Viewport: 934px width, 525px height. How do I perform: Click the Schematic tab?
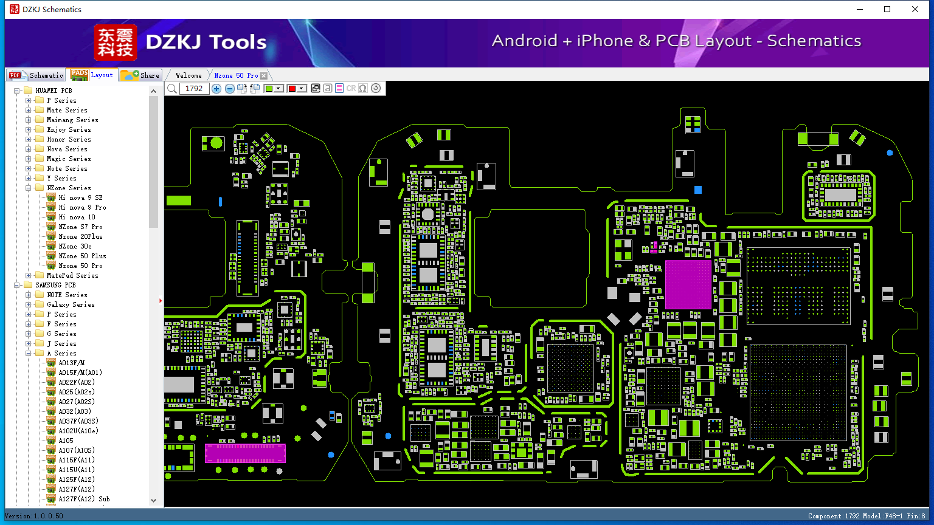pyautogui.click(x=36, y=75)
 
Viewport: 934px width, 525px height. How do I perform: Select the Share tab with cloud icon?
pyautogui.click(x=140, y=75)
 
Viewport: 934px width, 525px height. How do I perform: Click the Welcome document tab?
pyautogui.click(x=189, y=75)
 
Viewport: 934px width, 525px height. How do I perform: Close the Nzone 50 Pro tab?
pyautogui.click(x=263, y=75)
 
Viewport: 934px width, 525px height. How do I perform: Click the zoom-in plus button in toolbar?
pyautogui.click(x=216, y=88)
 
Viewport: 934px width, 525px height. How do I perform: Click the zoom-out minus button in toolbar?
pyautogui.click(x=229, y=88)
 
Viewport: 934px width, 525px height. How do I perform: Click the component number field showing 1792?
pyautogui.click(x=194, y=88)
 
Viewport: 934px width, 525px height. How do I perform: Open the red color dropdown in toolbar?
pyautogui.click(x=301, y=88)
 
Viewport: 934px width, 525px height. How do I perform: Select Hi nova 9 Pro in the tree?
pyautogui.click(x=82, y=207)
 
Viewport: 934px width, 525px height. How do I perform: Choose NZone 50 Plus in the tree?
pyautogui.click(x=82, y=256)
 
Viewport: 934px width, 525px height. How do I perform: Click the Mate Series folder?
pyautogui.click(x=67, y=110)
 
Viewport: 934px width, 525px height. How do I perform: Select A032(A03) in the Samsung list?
pyautogui.click(x=75, y=411)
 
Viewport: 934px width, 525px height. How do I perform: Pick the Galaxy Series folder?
pyautogui.click(x=71, y=304)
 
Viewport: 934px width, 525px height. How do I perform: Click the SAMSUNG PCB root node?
pyautogui.click(x=55, y=285)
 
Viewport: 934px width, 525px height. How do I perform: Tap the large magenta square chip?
pyautogui.click(x=688, y=284)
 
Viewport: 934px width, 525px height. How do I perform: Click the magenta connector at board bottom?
pyautogui.click(x=245, y=453)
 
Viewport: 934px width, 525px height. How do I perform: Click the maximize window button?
pyautogui.click(x=887, y=9)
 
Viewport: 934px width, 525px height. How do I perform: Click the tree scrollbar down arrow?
pyautogui.click(x=153, y=501)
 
